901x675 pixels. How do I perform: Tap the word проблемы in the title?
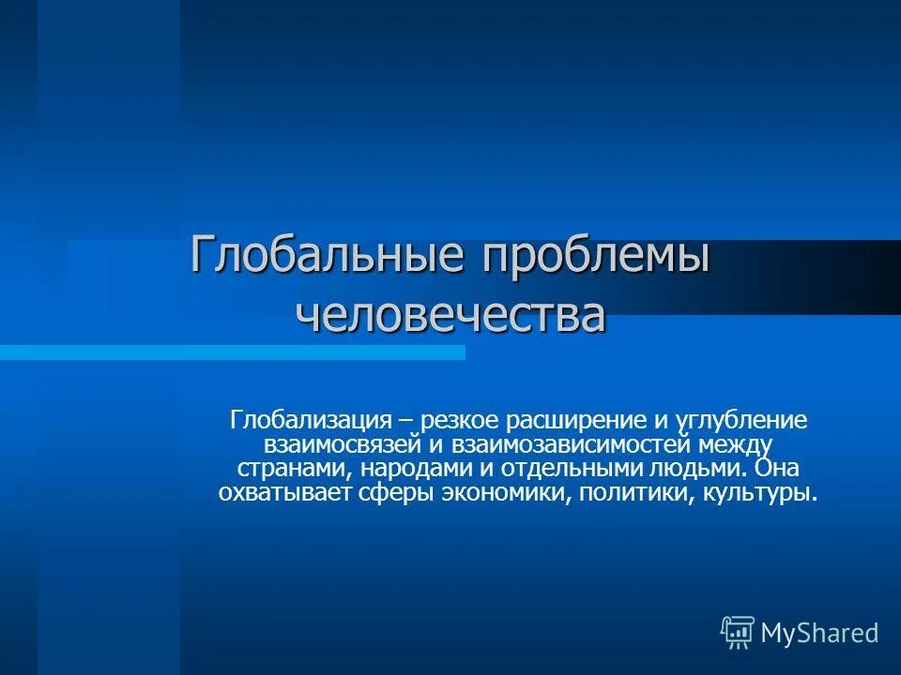594,257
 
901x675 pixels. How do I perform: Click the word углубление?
736,420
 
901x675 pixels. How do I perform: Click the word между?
731,444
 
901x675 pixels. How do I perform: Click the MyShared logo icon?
738,633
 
